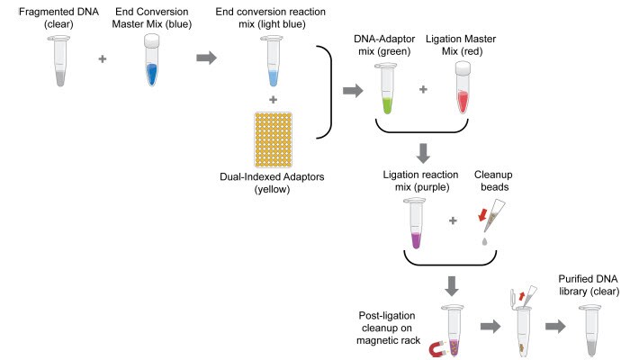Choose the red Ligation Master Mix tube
[463, 90]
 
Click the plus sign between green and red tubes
[424, 91]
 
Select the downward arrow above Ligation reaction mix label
[424, 150]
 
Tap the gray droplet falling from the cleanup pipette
[486, 242]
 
